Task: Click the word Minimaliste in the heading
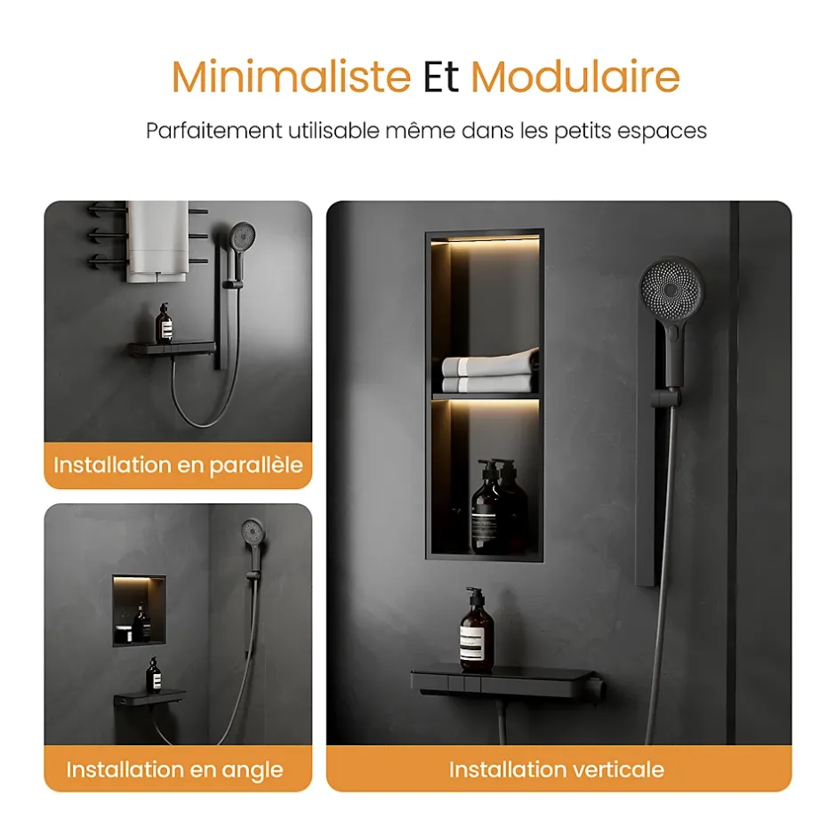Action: pyautogui.click(x=291, y=76)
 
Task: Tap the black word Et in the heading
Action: pyautogui.click(x=440, y=76)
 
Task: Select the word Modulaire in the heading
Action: pyautogui.click(x=575, y=76)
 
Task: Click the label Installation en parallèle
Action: pyautogui.click(x=178, y=465)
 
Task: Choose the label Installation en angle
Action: pyautogui.click(x=174, y=770)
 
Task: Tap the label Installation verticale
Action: pyautogui.click(x=556, y=769)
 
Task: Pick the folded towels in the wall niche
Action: pyautogui.click(x=489, y=371)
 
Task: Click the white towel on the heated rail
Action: pyautogui.click(x=157, y=241)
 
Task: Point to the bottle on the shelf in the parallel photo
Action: pyautogui.click(x=164, y=324)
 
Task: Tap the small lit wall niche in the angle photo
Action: pyautogui.click(x=139, y=610)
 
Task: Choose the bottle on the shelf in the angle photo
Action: pyautogui.click(x=154, y=675)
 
